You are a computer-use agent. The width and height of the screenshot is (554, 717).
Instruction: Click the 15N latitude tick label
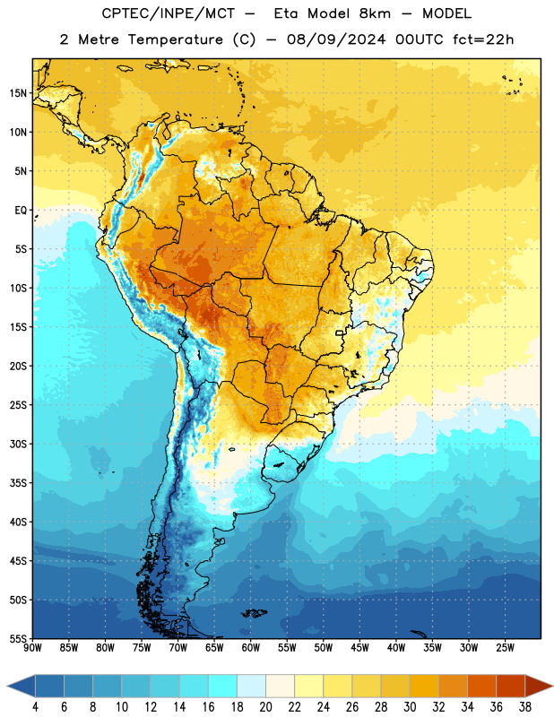pyautogui.click(x=18, y=93)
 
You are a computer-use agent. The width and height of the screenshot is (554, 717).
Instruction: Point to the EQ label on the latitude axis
pyautogui.click(x=21, y=211)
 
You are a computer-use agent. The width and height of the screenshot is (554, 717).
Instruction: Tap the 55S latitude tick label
pyautogui.click(x=18, y=638)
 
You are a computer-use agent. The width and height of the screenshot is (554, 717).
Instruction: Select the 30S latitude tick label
pyautogui.click(x=18, y=444)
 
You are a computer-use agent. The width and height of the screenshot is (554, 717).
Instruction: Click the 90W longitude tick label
pyautogui.click(x=32, y=648)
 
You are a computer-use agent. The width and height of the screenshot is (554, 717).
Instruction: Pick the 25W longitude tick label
pyautogui.click(x=505, y=648)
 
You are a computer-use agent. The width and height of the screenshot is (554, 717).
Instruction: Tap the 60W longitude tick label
pyautogui.click(x=251, y=648)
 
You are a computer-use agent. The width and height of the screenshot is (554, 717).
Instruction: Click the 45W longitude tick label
pyautogui.click(x=359, y=648)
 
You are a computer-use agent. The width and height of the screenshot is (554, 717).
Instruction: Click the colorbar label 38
pyautogui.click(x=524, y=707)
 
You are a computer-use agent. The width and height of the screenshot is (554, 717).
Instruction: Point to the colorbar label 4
pyautogui.click(x=35, y=707)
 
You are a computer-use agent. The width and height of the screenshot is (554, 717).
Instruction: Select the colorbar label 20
pyautogui.click(x=265, y=707)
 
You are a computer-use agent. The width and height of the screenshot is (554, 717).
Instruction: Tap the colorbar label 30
pyautogui.click(x=410, y=707)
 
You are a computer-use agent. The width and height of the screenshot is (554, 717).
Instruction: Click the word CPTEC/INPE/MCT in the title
pyautogui.click(x=168, y=13)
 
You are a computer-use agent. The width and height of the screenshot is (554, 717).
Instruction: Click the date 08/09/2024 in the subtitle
pyautogui.click(x=336, y=39)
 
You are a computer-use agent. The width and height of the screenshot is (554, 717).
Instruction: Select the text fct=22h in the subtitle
pyautogui.click(x=483, y=39)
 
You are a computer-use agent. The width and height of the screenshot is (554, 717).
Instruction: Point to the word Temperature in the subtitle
pyautogui.click(x=175, y=39)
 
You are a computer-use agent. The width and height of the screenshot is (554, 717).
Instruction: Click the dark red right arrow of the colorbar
pyautogui.click(x=539, y=686)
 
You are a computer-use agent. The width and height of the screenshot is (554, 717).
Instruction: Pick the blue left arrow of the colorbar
pyautogui.click(x=21, y=686)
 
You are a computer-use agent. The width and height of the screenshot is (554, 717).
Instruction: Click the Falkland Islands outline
pyautogui.click(x=255, y=613)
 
